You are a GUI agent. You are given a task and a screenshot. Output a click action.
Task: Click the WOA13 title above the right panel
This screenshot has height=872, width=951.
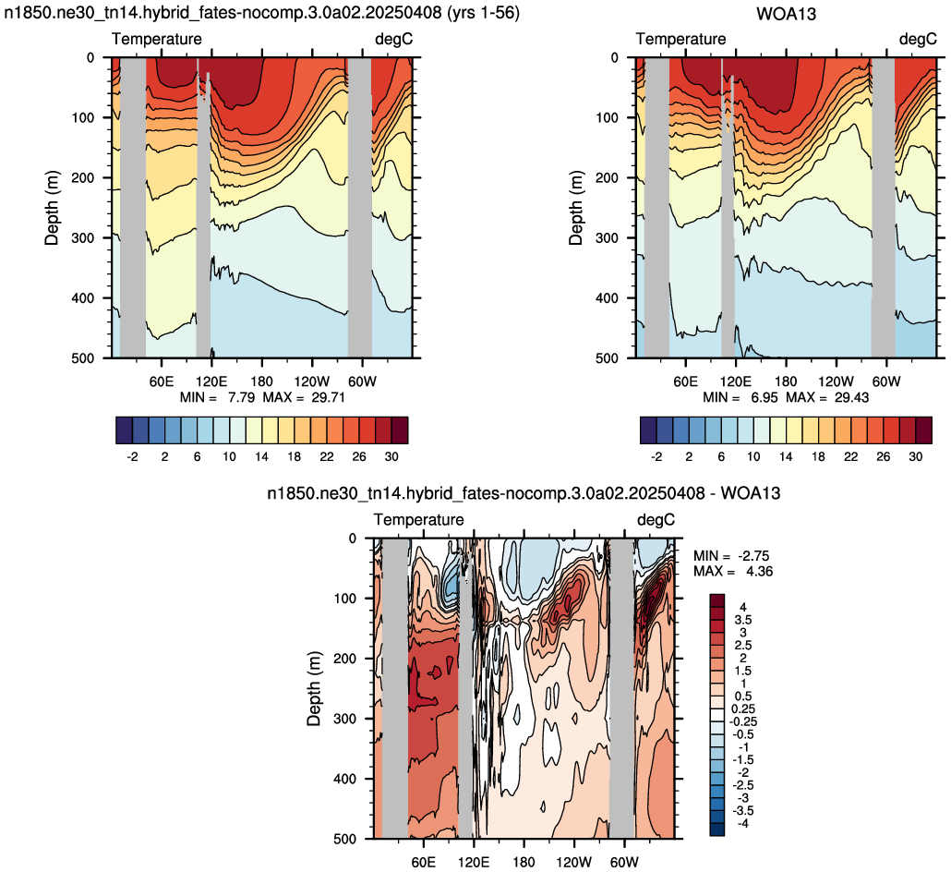coord(786,13)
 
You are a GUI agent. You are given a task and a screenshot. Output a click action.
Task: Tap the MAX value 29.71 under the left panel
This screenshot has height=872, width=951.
coord(328,397)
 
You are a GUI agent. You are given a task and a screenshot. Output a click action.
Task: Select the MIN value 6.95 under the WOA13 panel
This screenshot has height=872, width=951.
coord(765,397)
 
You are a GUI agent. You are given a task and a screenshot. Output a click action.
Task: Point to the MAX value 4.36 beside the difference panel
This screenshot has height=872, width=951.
coord(759,572)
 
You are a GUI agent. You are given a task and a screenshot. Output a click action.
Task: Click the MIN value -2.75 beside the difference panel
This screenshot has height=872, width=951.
coord(755,556)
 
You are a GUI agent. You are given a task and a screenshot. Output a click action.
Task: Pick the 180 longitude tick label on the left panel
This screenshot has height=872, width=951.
coord(262,381)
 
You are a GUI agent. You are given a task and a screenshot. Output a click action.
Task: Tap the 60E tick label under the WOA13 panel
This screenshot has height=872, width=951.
coord(685,381)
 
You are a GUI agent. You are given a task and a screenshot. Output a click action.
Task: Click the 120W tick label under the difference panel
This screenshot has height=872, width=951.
coord(573,862)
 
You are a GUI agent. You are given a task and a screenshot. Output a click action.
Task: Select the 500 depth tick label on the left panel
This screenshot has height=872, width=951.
coord(84,358)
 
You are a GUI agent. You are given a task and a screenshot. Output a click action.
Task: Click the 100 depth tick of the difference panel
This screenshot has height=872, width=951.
coord(345,599)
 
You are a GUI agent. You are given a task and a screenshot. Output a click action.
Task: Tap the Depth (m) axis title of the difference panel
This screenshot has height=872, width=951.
coord(314,689)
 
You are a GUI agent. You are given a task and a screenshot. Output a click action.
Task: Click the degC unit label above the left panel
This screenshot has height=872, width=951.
coord(394,40)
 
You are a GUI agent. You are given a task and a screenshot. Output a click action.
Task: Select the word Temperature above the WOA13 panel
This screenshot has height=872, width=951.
coord(681,40)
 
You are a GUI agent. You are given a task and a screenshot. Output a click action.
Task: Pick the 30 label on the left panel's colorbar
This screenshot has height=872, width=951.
coord(391,456)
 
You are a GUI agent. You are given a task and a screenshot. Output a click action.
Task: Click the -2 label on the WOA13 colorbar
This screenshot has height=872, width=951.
coord(656,456)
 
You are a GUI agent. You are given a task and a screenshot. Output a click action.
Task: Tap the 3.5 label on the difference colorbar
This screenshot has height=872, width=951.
coord(743,620)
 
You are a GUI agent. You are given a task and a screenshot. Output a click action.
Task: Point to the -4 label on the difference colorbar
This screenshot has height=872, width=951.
coord(741,823)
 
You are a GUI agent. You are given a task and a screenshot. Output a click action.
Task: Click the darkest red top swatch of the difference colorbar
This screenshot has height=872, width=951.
coord(717,600)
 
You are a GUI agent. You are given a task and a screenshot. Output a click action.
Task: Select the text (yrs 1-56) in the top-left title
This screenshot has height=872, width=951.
coord(483,13)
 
